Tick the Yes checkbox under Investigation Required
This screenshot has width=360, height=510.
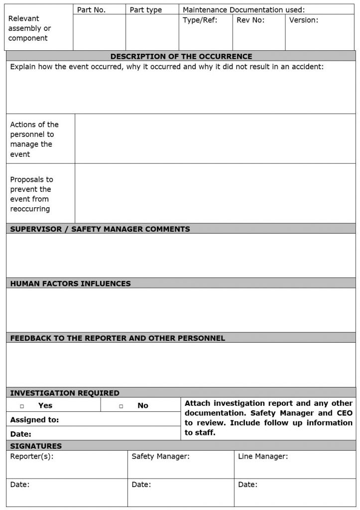click(22, 406)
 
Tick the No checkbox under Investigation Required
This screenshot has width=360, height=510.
click(121, 406)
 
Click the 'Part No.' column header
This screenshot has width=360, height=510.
click(91, 9)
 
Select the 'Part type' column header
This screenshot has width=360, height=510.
click(145, 9)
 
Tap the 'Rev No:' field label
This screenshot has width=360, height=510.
click(250, 20)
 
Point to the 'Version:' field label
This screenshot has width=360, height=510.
click(304, 20)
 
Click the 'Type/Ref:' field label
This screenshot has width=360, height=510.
click(200, 20)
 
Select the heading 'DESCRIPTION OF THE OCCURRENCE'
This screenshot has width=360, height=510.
click(181, 56)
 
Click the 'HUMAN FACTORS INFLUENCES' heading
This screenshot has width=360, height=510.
click(70, 283)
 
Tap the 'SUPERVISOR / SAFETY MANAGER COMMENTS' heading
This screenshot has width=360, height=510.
click(100, 229)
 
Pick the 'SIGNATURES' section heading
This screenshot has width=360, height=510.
click(36, 446)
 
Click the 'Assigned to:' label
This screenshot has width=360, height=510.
click(34, 420)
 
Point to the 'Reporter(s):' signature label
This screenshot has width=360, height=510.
click(32, 456)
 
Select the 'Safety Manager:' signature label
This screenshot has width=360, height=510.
click(160, 456)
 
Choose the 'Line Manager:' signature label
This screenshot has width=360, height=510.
click(263, 456)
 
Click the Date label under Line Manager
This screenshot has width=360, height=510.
click(247, 484)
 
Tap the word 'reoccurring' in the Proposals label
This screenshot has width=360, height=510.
click(30, 209)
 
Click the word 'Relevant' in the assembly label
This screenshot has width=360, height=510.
click(23, 18)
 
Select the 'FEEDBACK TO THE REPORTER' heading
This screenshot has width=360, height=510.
click(118, 338)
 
